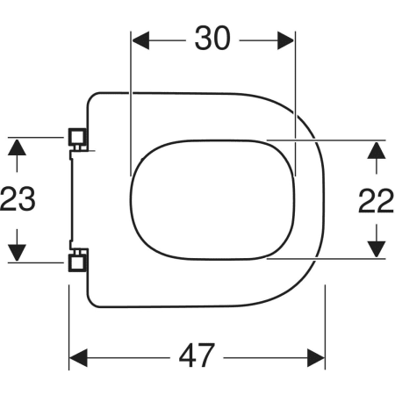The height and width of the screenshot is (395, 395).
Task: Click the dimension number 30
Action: pyautogui.click(x=212, y=39)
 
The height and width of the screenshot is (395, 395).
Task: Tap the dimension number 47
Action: pyautogui.click(x=197, y=355)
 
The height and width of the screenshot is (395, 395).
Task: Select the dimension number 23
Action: pyautogui.click(x=18, y=200)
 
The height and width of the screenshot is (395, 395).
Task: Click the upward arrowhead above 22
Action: pyautogui.click(x=376, y=150)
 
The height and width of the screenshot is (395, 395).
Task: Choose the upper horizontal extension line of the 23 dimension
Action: pyautogui.click(x=39, y=136)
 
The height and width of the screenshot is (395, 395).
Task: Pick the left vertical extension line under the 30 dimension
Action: pyautogui.click(x=131, y=105)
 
